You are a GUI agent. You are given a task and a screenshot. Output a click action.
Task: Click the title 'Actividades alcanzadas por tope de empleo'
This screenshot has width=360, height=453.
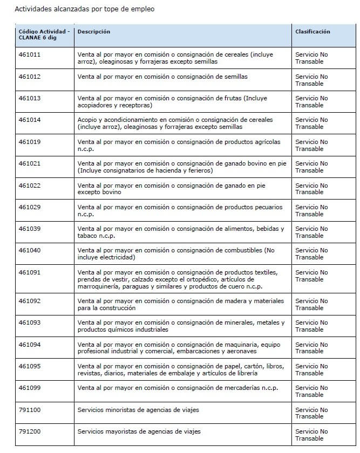[84, 9]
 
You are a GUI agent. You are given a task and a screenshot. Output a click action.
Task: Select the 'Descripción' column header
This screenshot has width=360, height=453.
[94, 32]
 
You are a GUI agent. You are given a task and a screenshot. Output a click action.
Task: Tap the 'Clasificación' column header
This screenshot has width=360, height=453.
[313, 32]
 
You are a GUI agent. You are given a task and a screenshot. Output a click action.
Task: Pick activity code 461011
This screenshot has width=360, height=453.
[30, 55]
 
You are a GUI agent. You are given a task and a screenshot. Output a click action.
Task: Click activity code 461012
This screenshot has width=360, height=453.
[30, 77]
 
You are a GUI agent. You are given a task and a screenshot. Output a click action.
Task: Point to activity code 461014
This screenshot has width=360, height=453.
[30, 120]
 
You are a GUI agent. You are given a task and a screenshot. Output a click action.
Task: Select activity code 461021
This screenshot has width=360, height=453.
[30, 163]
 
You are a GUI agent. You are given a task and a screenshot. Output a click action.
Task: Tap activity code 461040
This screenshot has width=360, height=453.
[30, 250]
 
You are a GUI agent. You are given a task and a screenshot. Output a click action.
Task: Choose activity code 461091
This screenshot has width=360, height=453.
[30, 272]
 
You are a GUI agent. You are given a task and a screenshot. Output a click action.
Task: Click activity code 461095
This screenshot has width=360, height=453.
[30, 366]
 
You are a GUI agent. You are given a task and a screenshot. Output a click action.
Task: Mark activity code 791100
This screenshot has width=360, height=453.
[30, 410]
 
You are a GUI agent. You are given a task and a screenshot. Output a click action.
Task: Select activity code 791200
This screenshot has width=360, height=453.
[30, 431]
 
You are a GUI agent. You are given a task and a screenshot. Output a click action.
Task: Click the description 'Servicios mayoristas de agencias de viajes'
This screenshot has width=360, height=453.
[139, 431]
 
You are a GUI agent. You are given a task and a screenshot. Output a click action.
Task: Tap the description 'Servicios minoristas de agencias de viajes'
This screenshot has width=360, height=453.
[138, 410]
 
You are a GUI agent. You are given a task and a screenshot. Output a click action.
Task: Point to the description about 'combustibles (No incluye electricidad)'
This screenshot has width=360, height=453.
[176, 253]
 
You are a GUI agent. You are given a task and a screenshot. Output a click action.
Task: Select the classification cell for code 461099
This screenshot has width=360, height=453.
[311, 391]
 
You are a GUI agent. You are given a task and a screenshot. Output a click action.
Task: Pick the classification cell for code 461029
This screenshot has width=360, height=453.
[311, 210]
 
